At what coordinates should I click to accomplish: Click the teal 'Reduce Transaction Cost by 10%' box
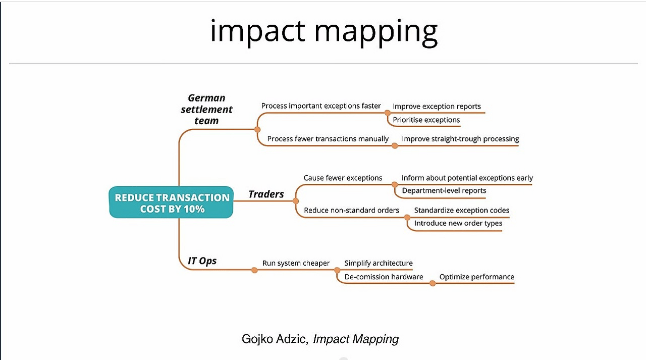(171, 202)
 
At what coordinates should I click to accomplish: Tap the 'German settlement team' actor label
(206, 110)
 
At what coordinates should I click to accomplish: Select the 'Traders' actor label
(266, 194)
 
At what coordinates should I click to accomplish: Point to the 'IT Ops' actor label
(202, 261)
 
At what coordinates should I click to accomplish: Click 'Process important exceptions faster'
(321, 106)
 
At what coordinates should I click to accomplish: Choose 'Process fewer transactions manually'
(328, 139)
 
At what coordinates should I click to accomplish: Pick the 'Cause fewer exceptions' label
(343, 178)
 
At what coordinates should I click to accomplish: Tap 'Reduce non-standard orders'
(352, 210)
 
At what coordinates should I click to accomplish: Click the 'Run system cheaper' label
(296, 263)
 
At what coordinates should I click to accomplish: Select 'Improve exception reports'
(437, 107)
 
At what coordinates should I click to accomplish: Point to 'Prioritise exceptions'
(426, 120)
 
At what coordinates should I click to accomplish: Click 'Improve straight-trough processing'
(461, 139)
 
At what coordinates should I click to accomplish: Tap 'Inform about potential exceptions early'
(467, 178)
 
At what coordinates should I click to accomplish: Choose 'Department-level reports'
(444, 190)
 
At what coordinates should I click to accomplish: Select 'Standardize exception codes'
(462, 210)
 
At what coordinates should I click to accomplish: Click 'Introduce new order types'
(458, 223)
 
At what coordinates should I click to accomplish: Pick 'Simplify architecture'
(379, 263)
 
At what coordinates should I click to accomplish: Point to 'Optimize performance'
(477, 277)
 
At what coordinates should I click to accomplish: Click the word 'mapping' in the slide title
(376, 32)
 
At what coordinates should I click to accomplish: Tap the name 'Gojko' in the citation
(257, 339)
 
